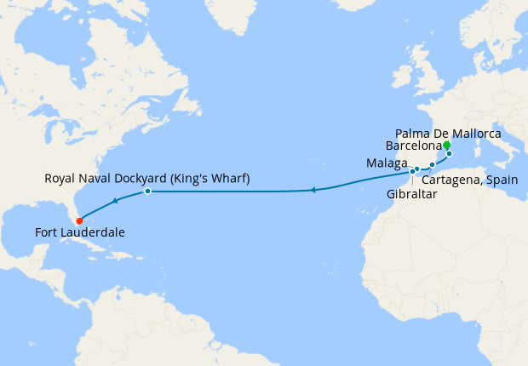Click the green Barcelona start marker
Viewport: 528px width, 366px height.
point(446,146)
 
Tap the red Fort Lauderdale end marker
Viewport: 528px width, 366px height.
point(80,221)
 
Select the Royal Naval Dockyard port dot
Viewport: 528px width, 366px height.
point(147,192)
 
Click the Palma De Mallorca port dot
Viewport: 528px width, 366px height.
point(449,154)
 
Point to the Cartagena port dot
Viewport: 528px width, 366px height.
point(433,164)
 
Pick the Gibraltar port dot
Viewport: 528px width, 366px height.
point(412,171)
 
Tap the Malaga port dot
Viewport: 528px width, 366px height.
point(417,169)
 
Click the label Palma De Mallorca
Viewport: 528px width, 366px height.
point(448,134)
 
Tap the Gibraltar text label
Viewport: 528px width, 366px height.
point(412,195)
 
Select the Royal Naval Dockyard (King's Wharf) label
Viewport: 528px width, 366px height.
point(146,179)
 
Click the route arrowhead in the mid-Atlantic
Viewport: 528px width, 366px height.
point(313,190)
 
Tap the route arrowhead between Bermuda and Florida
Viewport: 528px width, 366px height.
point(114,202)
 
